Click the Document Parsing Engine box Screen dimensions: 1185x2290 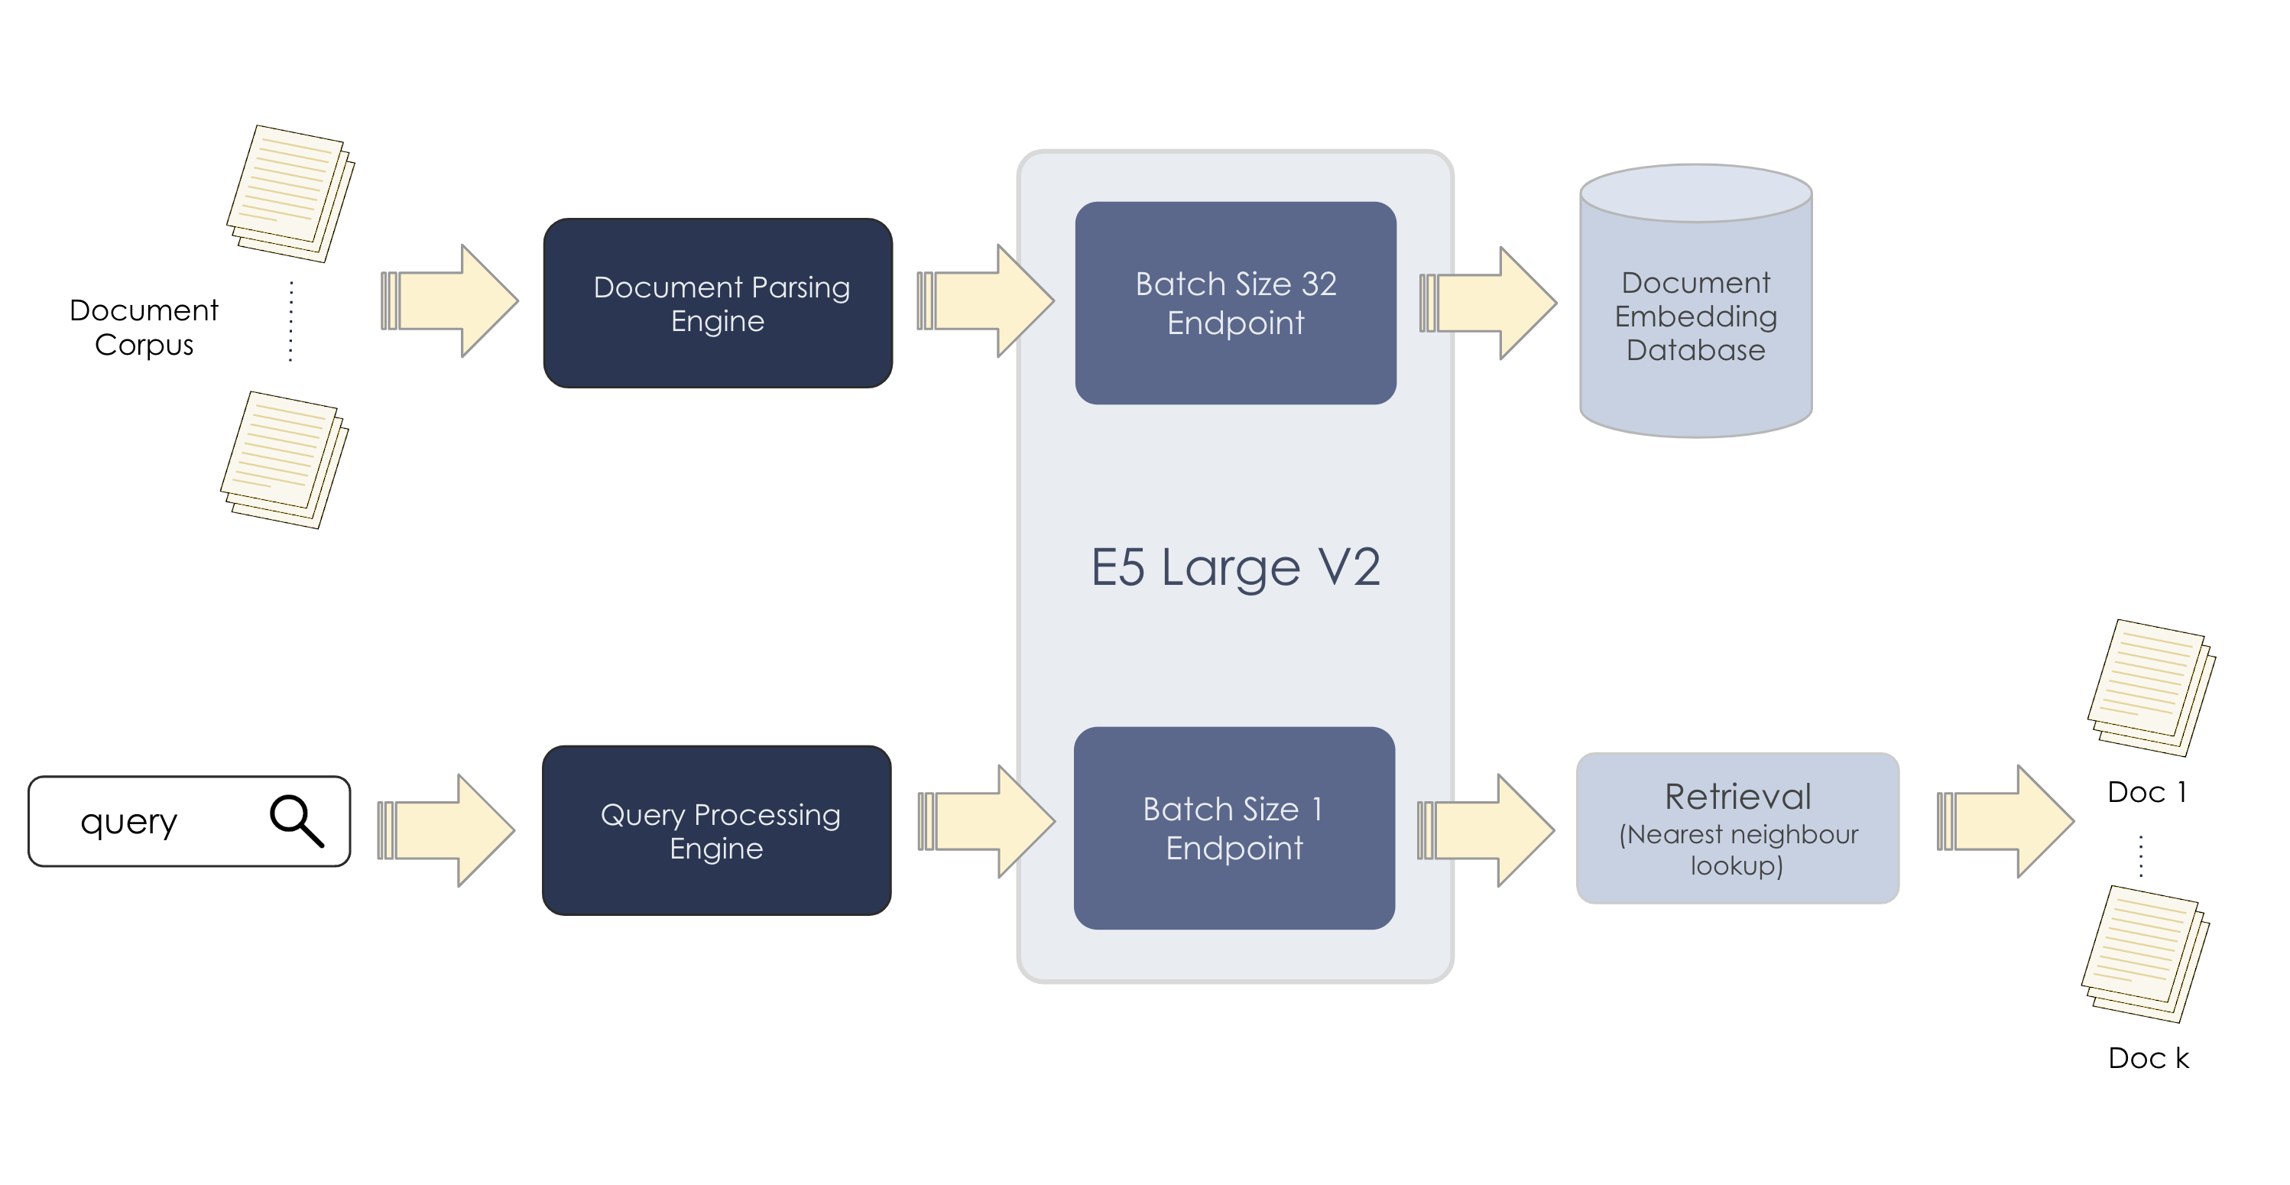pyautogui.click(x=718, y=304)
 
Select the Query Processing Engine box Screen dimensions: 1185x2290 pyautogui.click(x=716, y=830)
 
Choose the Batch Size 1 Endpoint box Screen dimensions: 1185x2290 pyautogui.click(x=1234, y=829)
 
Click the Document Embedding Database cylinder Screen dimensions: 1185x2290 pyautogui.click(x=1695, y=316)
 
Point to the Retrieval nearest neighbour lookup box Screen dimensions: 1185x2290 pyautogui.click(x=1737, y=829)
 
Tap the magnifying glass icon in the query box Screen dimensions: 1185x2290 pyautogui.click(x=296, y=820)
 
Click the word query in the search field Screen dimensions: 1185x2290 pyautogui.click(x=129, y=821)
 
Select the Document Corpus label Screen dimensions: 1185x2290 pyautogui.click(x=144, y=327)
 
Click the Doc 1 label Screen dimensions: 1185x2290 pyautogui.click(x=2146, y=792)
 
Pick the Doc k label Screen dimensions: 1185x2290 pyautogui.click(x=2148, y=1058)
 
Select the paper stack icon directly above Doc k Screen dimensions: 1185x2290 pyautogui.click(x=2145, y=954)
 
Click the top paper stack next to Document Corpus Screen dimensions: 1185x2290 pyautogui.click(x=290, y=193)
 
